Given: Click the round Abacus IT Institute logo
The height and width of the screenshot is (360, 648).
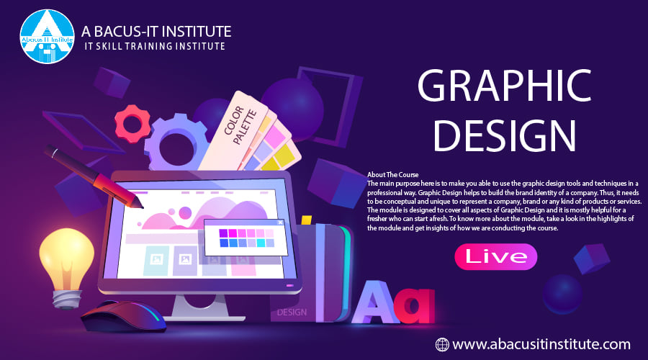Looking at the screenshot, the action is [47, 37].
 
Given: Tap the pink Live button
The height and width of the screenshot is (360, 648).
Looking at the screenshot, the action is [495, 256].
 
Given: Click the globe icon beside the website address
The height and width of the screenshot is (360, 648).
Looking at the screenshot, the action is [442, 344].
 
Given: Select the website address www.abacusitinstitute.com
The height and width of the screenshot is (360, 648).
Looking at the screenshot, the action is [541, 344].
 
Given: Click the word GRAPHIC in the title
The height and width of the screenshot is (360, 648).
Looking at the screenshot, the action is [504, 86].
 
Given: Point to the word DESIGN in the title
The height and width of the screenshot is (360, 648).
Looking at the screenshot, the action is [504, 135].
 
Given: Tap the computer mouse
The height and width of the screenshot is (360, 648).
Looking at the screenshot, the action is [122, 316].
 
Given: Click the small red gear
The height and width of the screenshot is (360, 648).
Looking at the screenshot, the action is [132, 124].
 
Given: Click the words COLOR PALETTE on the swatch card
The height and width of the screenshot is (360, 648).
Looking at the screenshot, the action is [240, 125].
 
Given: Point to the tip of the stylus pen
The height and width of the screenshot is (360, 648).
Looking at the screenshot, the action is [142, 207].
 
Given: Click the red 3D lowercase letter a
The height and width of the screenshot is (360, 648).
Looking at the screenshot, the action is [414, 305].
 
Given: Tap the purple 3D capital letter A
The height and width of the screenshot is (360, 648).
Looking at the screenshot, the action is [375, 302].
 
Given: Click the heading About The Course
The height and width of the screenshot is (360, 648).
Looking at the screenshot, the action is [392, 175].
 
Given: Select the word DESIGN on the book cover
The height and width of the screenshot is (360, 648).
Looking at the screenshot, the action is [292, 312].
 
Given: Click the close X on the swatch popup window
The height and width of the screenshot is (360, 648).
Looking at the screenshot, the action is [280, 222].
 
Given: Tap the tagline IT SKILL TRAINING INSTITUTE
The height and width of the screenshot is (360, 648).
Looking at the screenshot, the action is [155, 46].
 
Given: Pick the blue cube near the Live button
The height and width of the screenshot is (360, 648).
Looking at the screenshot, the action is [592, 258].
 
